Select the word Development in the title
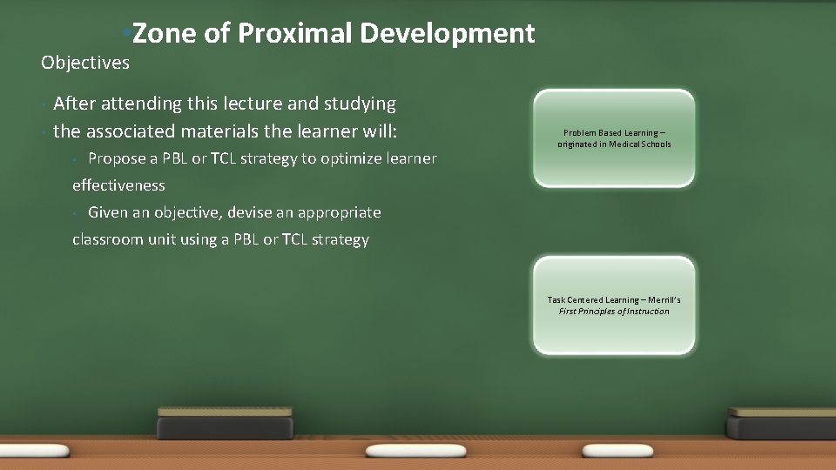coord(447,33)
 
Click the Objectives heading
coord(85,63)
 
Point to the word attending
coord(140,104)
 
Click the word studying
coord(360,104)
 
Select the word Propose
coord(118,158)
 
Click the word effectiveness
coord(118,185)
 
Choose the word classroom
coord(106,239)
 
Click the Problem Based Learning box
coord(614,138)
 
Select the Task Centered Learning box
coord(614,305)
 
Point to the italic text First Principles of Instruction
coord(614,312)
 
